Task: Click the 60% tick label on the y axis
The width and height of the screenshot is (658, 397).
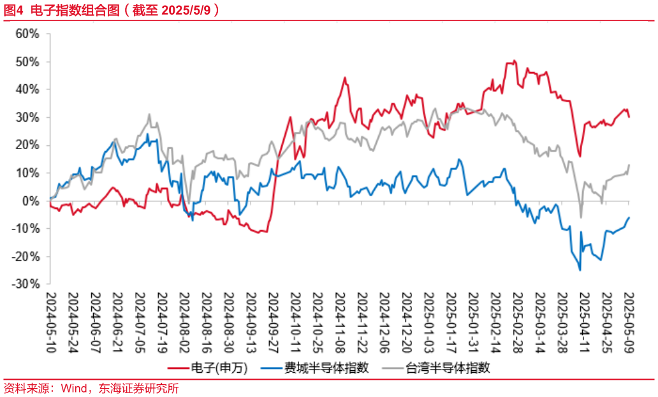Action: pos(28,34)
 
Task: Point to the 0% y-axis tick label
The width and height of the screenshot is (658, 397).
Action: pos(32,201)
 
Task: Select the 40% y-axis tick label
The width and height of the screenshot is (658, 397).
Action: pos(28,90)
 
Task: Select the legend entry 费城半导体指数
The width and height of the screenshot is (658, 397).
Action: pos(326,368)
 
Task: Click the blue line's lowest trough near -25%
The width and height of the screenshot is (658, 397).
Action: pos(580,270)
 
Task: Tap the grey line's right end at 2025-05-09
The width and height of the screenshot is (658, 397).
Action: pos(629,165)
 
